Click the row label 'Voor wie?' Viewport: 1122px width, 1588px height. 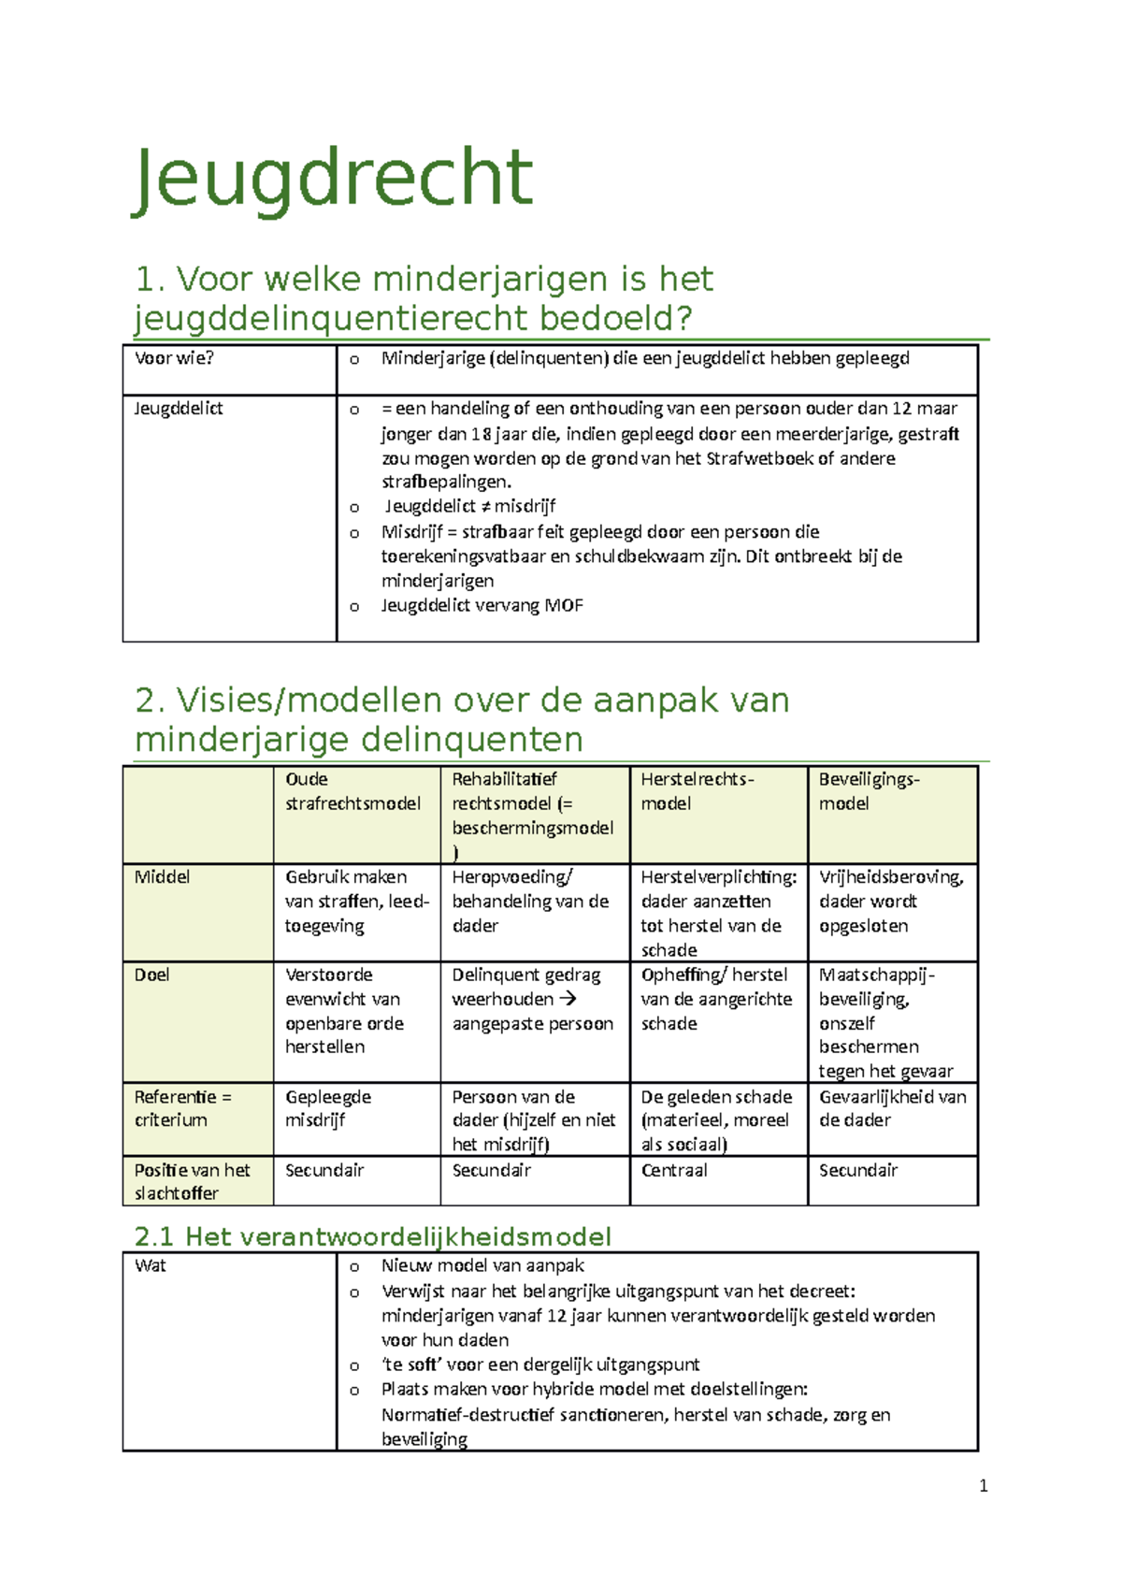coord(174,358)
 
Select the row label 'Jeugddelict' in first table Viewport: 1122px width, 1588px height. coord(178,409)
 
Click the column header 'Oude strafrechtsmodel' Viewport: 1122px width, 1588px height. coord(352,791)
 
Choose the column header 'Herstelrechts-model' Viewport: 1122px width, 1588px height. coord(697,791)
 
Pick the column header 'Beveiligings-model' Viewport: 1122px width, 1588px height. coord(869,791)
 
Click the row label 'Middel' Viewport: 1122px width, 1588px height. coord(162,877)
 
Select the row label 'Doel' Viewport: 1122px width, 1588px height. coord(151,975)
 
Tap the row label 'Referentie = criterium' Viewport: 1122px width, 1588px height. coord(182,1108)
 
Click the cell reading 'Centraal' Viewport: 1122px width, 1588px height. coord(674,1171)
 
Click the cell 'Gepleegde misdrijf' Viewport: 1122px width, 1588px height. coord(328,1108)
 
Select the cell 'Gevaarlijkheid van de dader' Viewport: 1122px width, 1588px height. coord(892,1108)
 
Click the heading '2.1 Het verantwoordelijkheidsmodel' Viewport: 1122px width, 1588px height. coord(372,1237)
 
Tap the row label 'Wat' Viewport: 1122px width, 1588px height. coord(151,1266)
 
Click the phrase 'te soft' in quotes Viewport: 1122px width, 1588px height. coord(411,1365)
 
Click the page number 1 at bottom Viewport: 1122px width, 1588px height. coord(983,1486)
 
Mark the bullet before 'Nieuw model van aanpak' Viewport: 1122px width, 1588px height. coord(354,1268)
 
